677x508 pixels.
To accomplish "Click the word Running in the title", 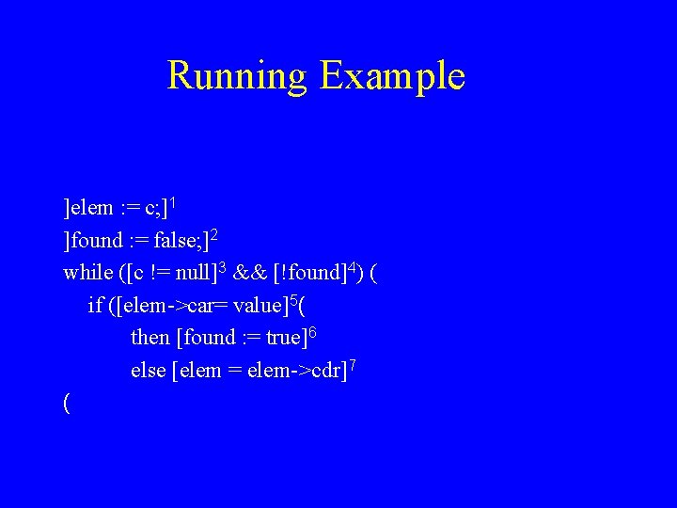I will [x=237, y=76].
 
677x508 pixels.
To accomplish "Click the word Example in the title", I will [x=392, y=76].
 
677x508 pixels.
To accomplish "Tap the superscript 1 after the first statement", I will [x=175, y=201].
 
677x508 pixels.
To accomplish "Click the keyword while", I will [x=87, y=273].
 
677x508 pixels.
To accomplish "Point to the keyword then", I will [x=150, y=337].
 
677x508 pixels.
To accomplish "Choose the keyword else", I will [x=149, y=370].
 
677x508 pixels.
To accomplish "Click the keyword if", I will [x=95, y=305].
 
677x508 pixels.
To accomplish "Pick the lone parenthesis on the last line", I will [x=66, y=403].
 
